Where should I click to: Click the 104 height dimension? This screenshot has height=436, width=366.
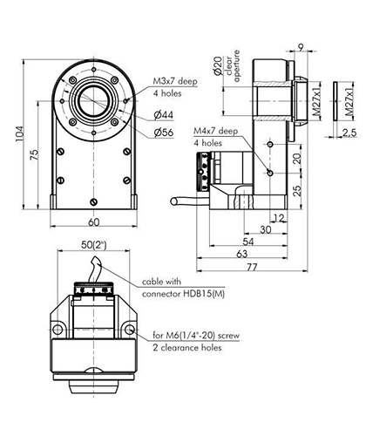click(x=19, y=133)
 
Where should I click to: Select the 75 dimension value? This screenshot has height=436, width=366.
click(x=34, y=156)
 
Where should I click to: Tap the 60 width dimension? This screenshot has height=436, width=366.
click(x=94, y=222)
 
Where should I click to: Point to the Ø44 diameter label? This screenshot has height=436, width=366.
click(x=164, y=115)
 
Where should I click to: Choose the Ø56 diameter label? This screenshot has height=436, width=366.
click(x=164, y=133)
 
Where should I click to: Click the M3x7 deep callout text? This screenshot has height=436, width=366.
click(x=175, y=81)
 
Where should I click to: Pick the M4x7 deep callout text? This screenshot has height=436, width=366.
click(x=216, y=131)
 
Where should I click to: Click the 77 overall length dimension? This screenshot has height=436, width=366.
click(x=252, y=267)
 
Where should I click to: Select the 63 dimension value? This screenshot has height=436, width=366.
click(x=241, y=254)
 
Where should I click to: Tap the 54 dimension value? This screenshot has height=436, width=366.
click(x=247, y=242)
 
